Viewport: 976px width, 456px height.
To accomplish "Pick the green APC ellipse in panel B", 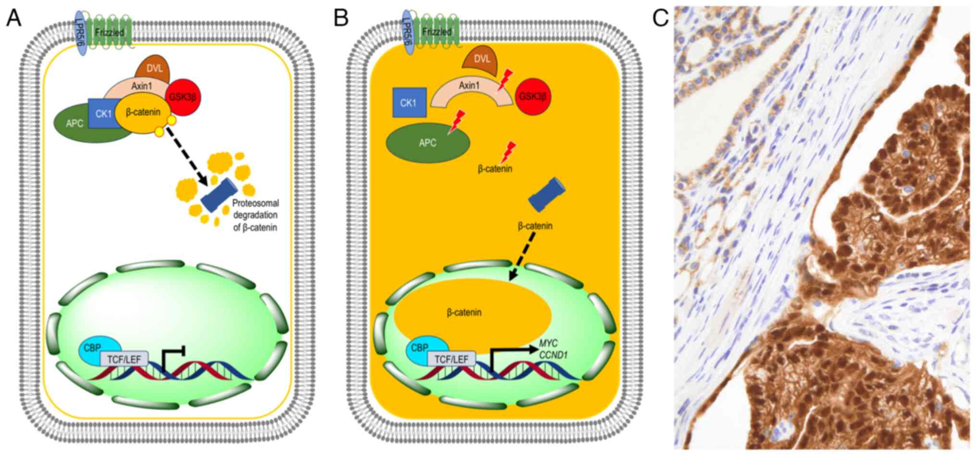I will [427, 143].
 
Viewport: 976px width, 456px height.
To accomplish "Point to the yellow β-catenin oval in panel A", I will [143, 113].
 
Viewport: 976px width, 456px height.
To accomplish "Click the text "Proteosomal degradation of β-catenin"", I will [255, 215].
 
